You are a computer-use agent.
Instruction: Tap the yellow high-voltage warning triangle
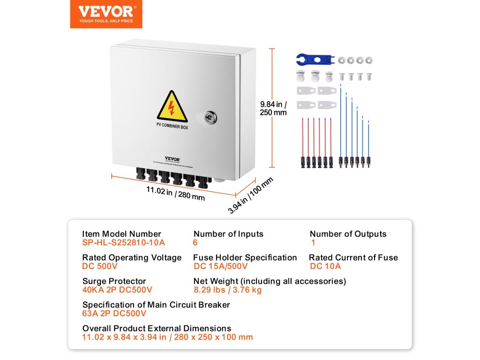[171, 107]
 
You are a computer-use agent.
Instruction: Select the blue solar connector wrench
[314, 60]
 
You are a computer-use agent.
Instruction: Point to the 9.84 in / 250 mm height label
[273, 108]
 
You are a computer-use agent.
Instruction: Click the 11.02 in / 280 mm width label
[175, 193]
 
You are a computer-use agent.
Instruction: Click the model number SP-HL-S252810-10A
[123, 243]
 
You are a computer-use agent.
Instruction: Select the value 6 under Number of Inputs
[195, 243]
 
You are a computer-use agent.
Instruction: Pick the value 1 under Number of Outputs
[313, 243]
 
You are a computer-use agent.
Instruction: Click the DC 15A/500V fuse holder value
[220, 266]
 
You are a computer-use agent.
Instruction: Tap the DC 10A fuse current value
[325, 266]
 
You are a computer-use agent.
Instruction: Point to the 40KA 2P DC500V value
[117, 290]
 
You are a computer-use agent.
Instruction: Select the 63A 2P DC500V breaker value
[114, 314]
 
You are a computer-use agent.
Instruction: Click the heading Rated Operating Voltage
[132, 257]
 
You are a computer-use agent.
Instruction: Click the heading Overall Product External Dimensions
[157, 328]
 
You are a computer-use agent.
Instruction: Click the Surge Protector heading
[114, 281]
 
